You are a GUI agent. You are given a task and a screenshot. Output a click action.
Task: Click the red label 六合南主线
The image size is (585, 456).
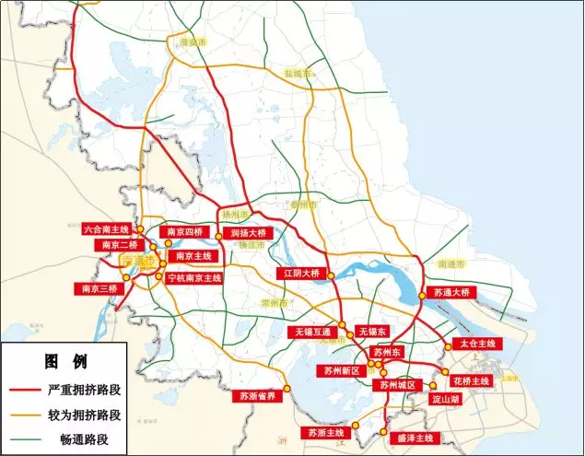point(105,228)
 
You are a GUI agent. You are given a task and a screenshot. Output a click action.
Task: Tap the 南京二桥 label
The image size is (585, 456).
point(120,245)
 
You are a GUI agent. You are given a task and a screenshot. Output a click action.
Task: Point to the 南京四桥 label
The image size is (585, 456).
point(184,232)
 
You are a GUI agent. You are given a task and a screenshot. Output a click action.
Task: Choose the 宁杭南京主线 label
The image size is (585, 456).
point(195,277)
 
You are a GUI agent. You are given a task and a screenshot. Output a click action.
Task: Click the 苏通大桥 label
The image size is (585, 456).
point(451,292)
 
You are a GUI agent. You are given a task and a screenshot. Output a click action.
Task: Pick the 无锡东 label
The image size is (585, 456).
point(374,331)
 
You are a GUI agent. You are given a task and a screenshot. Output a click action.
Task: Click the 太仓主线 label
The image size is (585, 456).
point(475,344)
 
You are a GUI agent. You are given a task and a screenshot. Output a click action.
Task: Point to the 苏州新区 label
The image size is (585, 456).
point(341,371)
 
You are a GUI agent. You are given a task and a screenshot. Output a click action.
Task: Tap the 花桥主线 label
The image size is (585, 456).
point(470,380)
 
